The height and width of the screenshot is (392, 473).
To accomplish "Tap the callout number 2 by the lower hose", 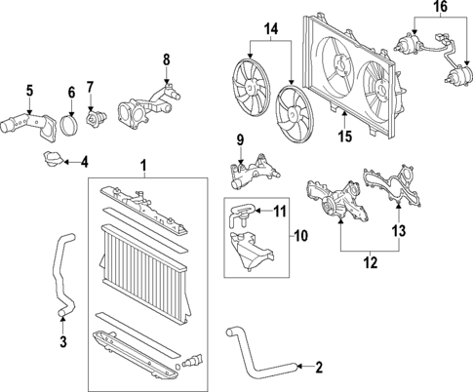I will pyautogui.click(x=317, y=368).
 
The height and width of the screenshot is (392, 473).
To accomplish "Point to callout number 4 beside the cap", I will pyautogui.click(x=84, y=161).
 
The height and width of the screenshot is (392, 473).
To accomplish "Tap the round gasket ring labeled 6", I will pyautogui.click(x=71, y=128).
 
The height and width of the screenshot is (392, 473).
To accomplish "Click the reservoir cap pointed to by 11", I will pyautogui.click(x=242, y=209).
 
